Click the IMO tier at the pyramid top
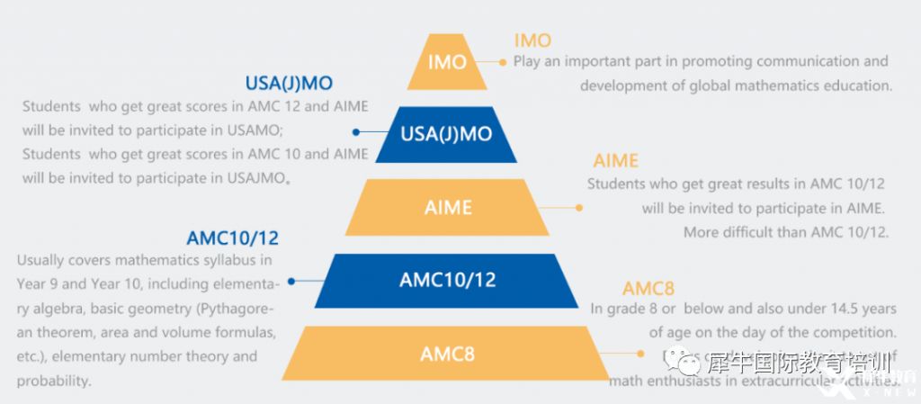pyautogui.click(x=447, y=62)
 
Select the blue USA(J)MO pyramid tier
pyautogui.click(x=446, y=134)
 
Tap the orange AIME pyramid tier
pyautogui.click(x=447, y=207)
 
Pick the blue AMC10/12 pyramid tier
pyautogui.click(x=447, y=280)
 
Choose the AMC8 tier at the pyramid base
pyautogui.click(x=447, y=353)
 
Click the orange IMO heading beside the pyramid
pyautogui.click(x=532, y=40)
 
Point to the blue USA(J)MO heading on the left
pyautogui.click(x=289, y=84)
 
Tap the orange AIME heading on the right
pyautogui.click(x=615, y=161)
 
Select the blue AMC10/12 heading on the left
pyautogui.click(x=233, y=238)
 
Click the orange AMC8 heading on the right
pyautogui.click(x=648, y=289)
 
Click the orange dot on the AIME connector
pyautogui.click(x=579, y=208)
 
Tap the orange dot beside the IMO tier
pyautogui.click(x=503, y=62)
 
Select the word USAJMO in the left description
pyautogui.click(x=253, y=177)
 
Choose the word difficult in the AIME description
pyautogui.click(x=756, y=232)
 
